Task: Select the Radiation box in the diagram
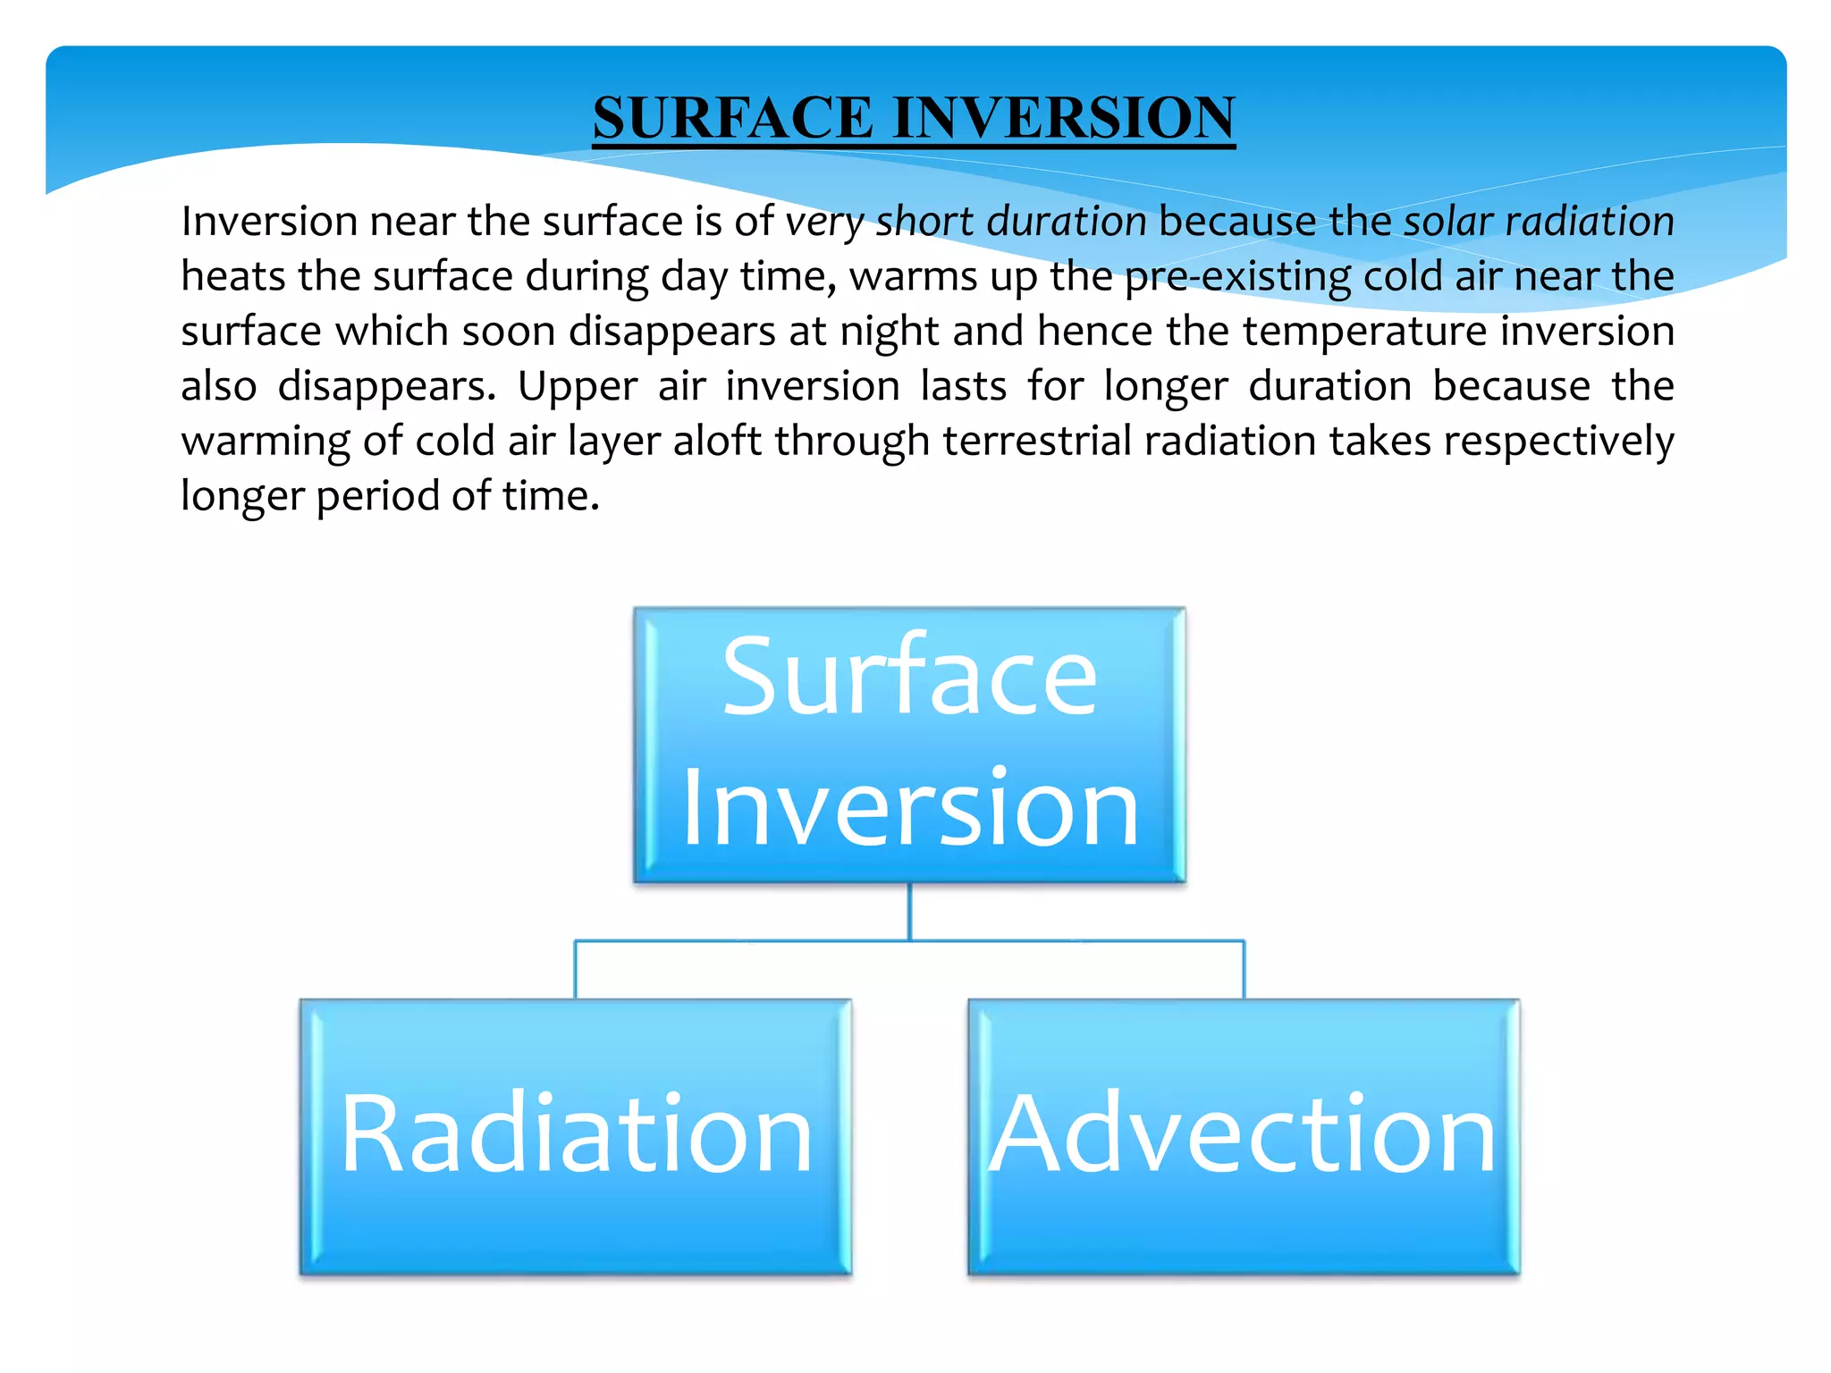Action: pos(576,1136)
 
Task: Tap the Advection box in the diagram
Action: pos(1244,1136)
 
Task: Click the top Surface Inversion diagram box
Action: pos(909,745)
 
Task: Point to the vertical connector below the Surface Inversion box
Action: pos(909,912)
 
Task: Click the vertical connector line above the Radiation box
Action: pos(575,970)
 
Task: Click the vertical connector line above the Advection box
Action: pos(1244,970)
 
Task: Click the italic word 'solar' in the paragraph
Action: pos(1448,221)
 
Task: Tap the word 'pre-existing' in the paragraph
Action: pos(1237,276)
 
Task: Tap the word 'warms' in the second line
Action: pos(913,276)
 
